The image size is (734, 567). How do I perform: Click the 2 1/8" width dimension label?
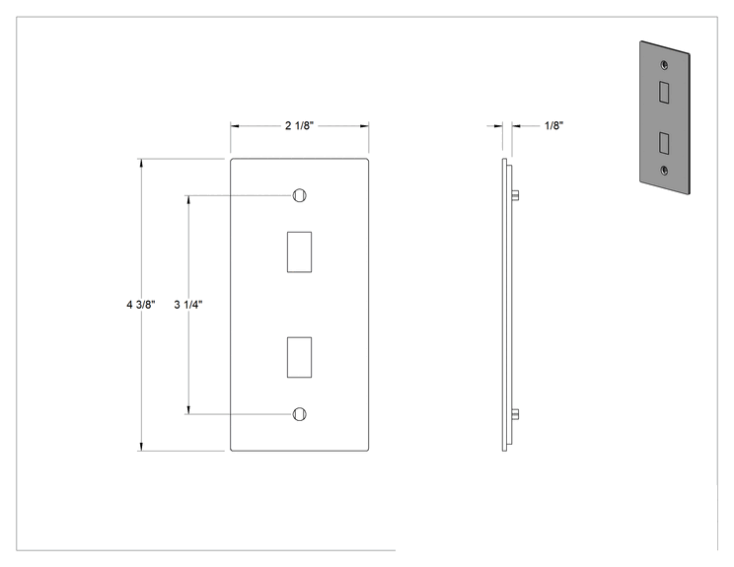coord(299,126)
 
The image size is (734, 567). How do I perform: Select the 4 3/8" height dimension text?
coord(140,305)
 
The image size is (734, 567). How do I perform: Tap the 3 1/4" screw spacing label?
coord(188,305)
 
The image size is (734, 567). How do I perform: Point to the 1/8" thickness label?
coord(553,126)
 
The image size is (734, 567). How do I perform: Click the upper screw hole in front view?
coord(300,195)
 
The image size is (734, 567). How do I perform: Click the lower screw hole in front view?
coord(300,414)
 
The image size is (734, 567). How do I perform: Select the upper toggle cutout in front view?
coord(300,251)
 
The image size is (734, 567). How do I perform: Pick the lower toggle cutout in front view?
coord(300,357)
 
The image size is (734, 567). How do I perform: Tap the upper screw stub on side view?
coord(515,195)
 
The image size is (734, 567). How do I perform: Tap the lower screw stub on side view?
coord(515,414)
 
